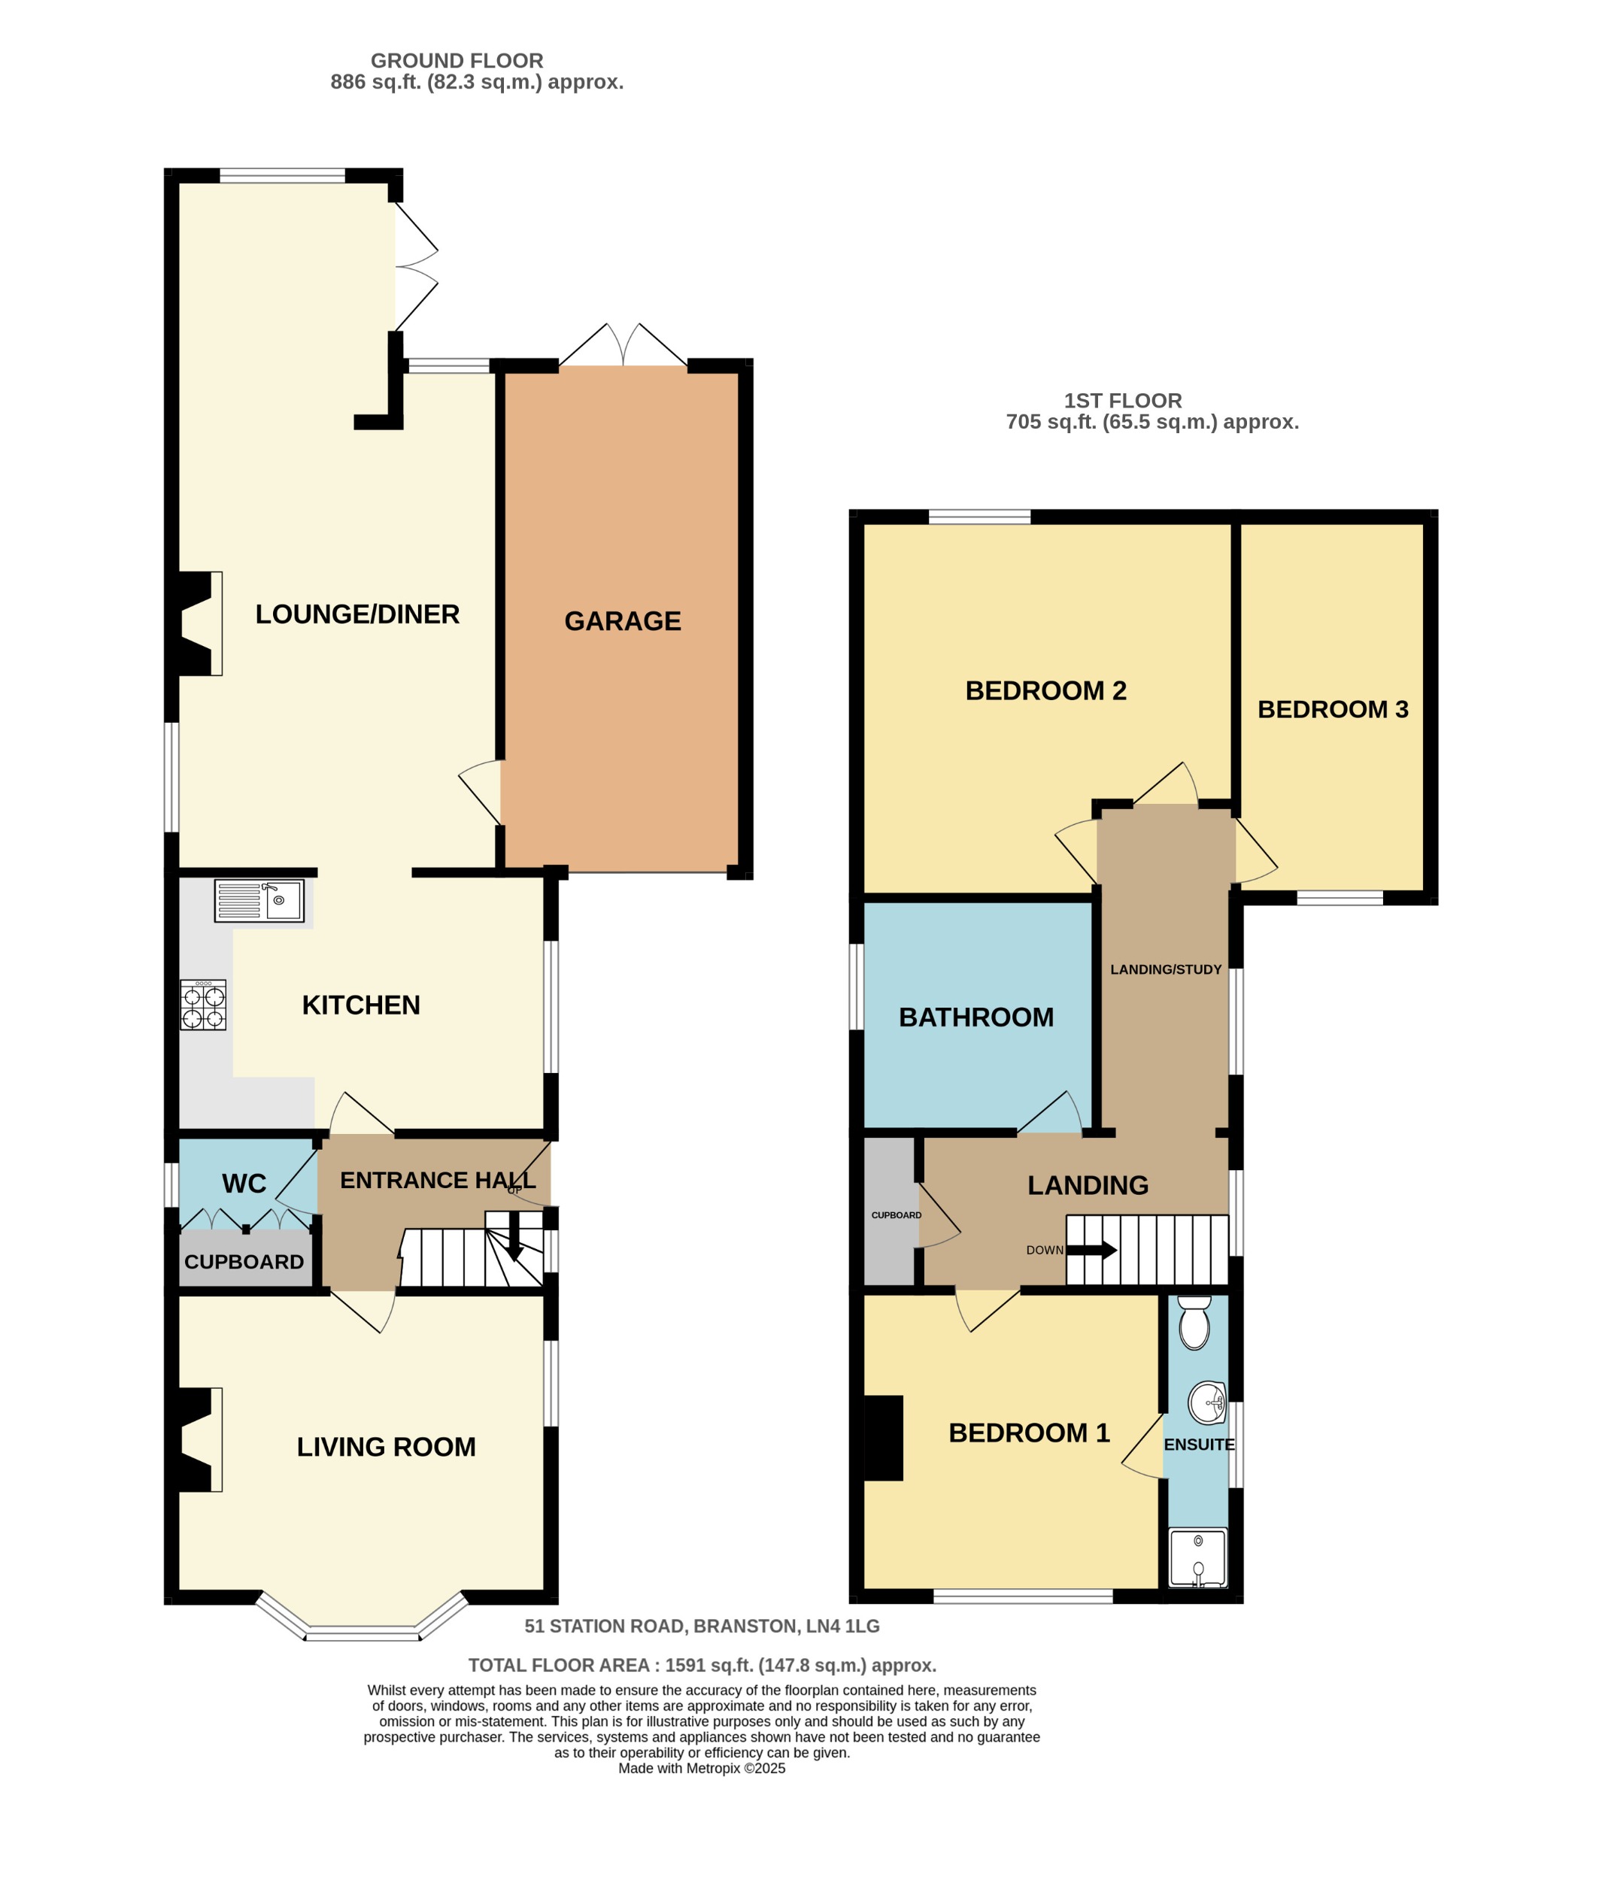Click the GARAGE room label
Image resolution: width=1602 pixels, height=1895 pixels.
pyautogui.click(x=622, y=621)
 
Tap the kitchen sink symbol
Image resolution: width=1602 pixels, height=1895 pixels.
pyautogui.click(x=259, y=901)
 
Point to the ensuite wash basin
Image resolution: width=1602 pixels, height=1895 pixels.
pyautogui.click(x=1207, y=1404)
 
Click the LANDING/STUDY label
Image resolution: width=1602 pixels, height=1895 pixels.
pyautogui.click(x=1165, y=970)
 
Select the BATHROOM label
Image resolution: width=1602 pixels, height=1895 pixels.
pyautogui.click(x=975, y=1017)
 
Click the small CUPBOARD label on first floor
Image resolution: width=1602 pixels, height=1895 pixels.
pyautogui.click(x=896, y=1215)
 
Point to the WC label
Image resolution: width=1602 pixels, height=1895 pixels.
pyautogui.click(x=244, y=1184)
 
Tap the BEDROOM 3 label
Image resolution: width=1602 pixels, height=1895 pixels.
pyautogui.click(x=1331, y=709)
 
